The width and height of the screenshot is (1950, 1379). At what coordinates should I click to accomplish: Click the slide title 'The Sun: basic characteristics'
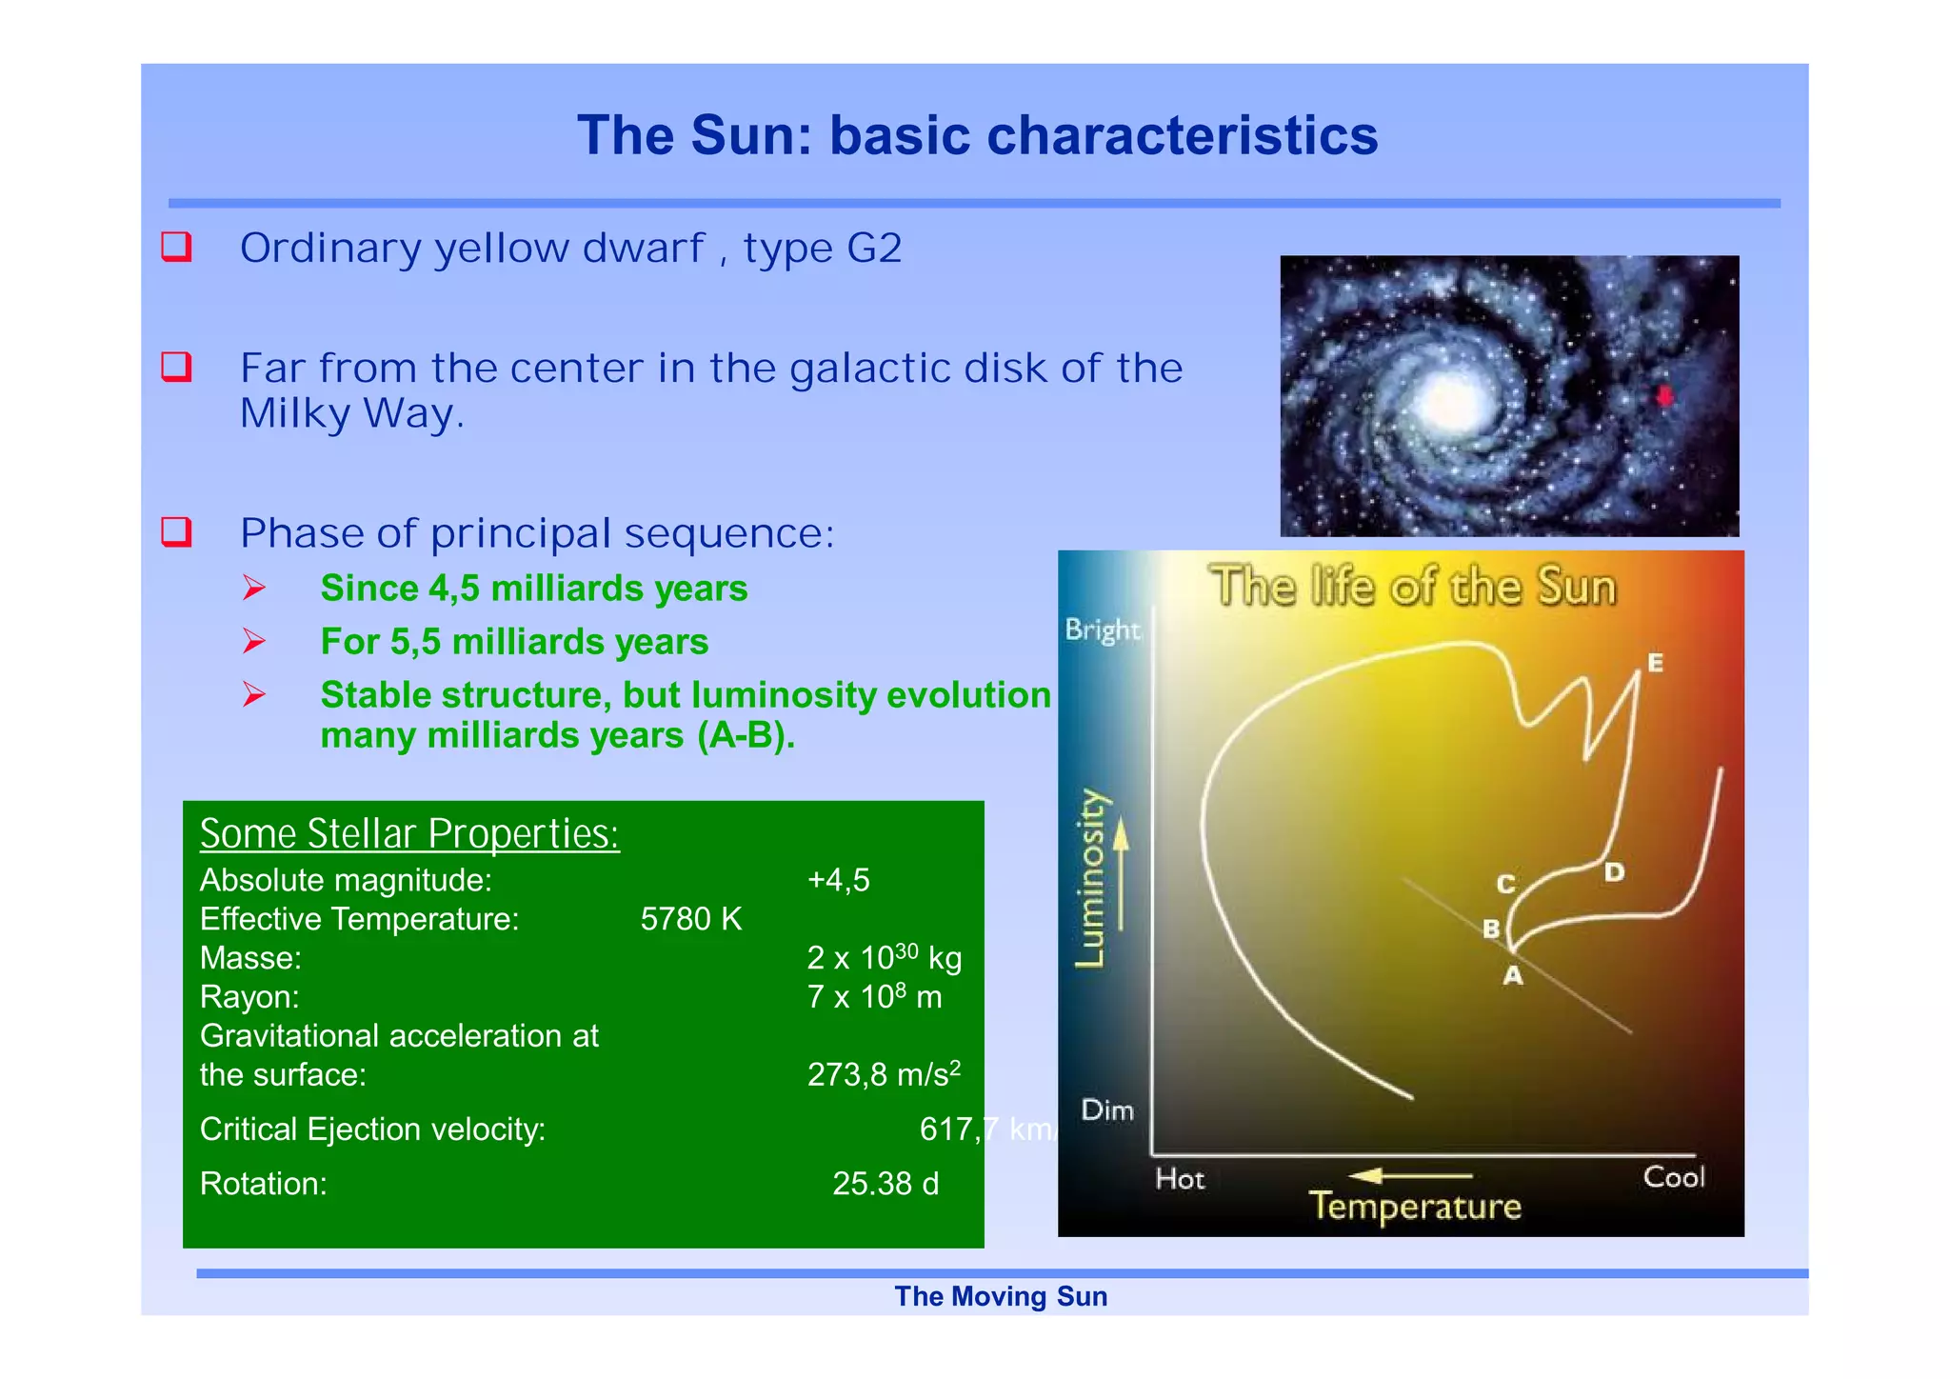pyautogui.click(x=977, y=135)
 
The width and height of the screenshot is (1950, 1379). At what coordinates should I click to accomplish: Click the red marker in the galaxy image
pyautogui.click(x=1664, y=396)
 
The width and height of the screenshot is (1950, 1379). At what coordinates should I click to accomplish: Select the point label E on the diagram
pyautogui.click(x=1656, y=663)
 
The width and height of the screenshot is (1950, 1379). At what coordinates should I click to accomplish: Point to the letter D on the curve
pyautogui.click(x=1614, y=872)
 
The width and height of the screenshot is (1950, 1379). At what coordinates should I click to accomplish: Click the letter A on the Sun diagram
pyautogui.click(x=1513, y=976)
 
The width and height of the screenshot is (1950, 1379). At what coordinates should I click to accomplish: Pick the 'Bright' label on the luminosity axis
pyautogui.click(x=1102, y=630)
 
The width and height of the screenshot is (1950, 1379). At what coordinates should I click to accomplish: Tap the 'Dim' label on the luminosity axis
pyautogui.click(x=1107, y=1110)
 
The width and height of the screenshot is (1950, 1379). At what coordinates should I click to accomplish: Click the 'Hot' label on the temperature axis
pyautogui.click(x=1180, y=1180)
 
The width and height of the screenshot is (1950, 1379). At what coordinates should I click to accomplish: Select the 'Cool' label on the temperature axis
pyautogui.click(x=1674, y=1178)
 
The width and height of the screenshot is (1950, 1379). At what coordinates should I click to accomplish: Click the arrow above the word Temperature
pyautogui.click(x=1410, y=1177)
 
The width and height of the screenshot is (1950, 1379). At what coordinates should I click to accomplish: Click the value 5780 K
pyautogui.click(x=690, y=919)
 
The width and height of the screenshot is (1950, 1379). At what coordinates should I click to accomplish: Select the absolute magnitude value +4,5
pyautogui.click(x=838, y=880)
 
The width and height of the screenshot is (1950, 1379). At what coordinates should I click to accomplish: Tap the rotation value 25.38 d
pyautogui.click(x=885, y=1184)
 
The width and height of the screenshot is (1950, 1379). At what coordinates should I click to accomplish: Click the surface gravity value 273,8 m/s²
pyautogui.click(x=884, y=1074)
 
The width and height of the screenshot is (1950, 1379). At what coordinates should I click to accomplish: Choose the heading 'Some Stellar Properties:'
pyautogui.click(x=409, y=834)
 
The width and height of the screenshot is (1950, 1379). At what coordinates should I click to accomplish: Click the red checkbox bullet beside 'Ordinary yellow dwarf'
pyautogui.click(x=177, y=247)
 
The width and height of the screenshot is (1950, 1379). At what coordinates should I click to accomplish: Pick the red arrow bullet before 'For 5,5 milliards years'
pyautogui.click(x=253, y=642)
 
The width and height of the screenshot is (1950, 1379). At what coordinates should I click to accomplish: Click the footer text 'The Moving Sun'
pyautogui.click(x=1001, y=1297)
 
